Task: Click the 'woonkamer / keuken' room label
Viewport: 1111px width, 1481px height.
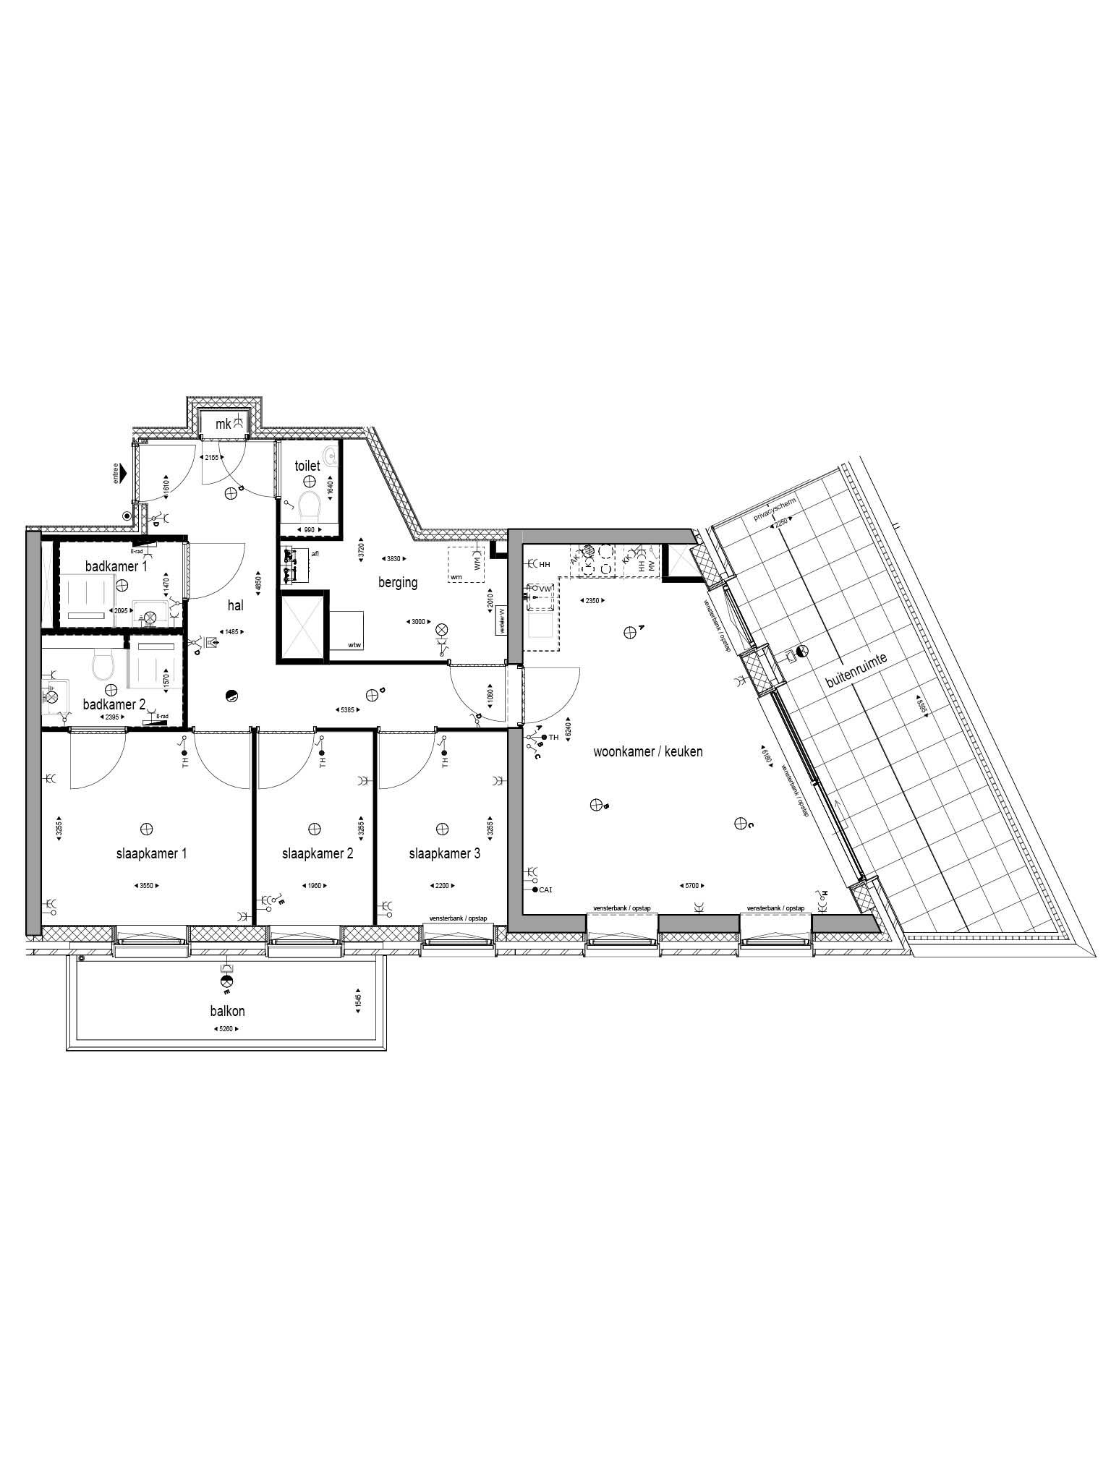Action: (x=647, y=751)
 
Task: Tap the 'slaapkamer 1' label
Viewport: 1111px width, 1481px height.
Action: (x=151, y=853)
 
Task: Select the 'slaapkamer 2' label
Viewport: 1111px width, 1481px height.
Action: (x=318, y=853)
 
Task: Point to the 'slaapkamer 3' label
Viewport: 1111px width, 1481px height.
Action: (x=444, y=853)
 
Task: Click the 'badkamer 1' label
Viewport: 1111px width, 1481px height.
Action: (x=116, y=566)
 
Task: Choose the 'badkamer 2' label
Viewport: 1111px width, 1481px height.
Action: (x=114, y=704)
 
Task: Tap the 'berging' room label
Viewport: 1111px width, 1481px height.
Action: (x=397, y=582)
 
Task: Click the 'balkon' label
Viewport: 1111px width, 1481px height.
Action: (x=227, y=1011)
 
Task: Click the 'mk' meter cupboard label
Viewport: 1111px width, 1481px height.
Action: (x=223, y=424)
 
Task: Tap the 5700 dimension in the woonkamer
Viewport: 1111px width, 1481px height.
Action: (x=692, y=885)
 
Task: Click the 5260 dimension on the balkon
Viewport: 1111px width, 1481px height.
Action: (x=225, y=1029)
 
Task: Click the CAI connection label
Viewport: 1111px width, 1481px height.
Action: (x=545, y=889)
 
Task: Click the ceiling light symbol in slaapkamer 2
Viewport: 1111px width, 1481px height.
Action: (x=314, y=828)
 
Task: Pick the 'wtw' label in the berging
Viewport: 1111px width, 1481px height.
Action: (x=354, y=644)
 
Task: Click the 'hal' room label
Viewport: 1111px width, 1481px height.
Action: (x=235, y=606)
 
